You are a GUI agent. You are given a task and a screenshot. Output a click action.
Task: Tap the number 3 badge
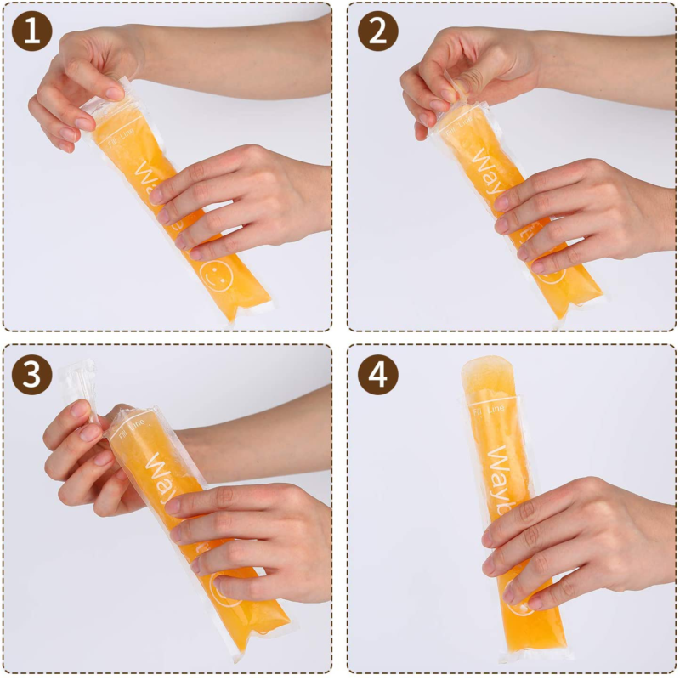31,375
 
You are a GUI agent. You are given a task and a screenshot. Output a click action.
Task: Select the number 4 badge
377,375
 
